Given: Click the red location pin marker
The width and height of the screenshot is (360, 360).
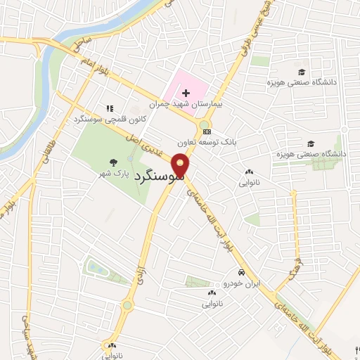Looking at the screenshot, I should coord(181,167).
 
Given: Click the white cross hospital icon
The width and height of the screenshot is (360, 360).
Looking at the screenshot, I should coord(186,93).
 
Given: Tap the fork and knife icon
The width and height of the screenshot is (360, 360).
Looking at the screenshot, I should coord(110,109).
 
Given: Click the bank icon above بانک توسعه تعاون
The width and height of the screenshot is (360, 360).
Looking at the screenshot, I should coord(206,131).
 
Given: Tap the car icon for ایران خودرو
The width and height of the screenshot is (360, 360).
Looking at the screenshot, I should coord(241,273).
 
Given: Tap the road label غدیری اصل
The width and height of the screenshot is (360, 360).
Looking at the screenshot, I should coord(148,145).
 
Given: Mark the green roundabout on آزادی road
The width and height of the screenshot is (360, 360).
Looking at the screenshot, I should coord(127,305).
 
